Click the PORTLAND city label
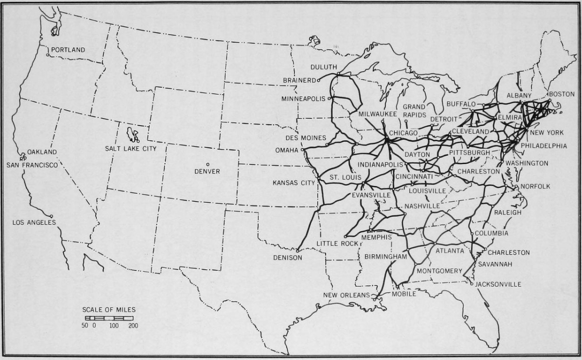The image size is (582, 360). [x=68, y=49]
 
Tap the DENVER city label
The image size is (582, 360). [x=207, y=172]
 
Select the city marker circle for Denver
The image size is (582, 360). [x=208, y=164]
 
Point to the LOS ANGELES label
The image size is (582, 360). [x=34, y=222]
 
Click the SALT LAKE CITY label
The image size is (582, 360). [x=130, y=148]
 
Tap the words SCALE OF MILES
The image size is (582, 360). [x=109, y=309]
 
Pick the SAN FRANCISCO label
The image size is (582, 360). [x=32, y=165]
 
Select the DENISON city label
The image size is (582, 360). [x=288, y=257]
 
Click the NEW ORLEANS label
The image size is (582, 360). [x=346, y=295]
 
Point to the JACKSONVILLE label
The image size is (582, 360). [x=498, y=284]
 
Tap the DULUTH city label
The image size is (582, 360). [x=323, y=67]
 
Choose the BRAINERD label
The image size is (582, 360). [x=299, y=80]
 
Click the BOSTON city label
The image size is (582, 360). [x=561, y=94]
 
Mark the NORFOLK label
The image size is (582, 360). [x=535, y=186]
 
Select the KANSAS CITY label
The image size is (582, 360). [x=294, y=183]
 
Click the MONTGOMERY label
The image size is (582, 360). [x=439, y=271]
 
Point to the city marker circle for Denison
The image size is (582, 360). [x=297, y=251]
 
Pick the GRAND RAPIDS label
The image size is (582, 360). [x=414, y=111]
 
